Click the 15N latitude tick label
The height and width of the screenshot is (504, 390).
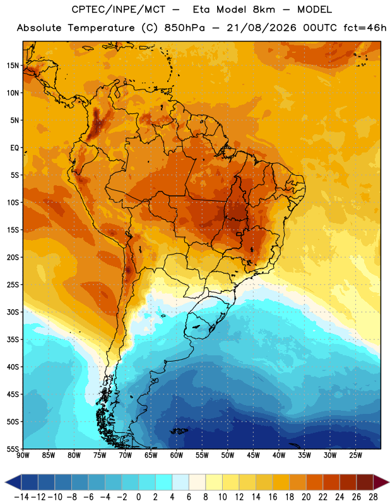coord(13,66)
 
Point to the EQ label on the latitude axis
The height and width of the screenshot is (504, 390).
coord(15,148)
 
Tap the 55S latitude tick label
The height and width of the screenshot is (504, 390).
coord(13,449)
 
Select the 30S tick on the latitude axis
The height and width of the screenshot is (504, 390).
coord(13,312)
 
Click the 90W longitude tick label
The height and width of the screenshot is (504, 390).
coord(23,455)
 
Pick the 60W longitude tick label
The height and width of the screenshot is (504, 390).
coord(177,455)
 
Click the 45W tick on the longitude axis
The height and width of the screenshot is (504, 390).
coord(253,455)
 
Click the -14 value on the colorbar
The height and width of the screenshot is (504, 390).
coord(21,497)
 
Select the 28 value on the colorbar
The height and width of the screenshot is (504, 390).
coord(373,497)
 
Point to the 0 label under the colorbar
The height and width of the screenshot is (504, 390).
coord(138,497)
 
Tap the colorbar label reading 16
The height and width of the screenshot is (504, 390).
coord(273,497)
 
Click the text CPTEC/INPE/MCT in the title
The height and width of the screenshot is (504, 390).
coord(119,9)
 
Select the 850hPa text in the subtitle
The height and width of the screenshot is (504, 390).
coord(184,28)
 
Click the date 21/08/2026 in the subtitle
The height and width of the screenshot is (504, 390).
coord(261,28)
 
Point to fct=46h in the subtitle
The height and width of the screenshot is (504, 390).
coord(365,28)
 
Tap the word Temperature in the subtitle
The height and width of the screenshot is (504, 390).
coord(101,28)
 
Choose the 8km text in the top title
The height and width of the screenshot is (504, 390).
coord(264,9)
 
